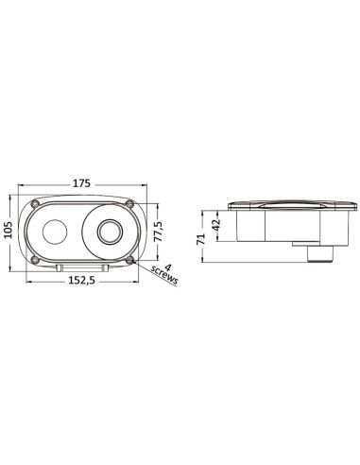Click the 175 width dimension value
point(81,183)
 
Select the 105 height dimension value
point(8,230)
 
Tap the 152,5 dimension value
point(81,281)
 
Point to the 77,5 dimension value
point(159,232)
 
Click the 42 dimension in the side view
point(216,225)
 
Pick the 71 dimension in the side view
point(201,239)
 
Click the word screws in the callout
point(164,274)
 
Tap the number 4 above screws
point(168,267)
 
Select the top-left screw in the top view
point(35,203)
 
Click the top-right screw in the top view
point(129,203)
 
